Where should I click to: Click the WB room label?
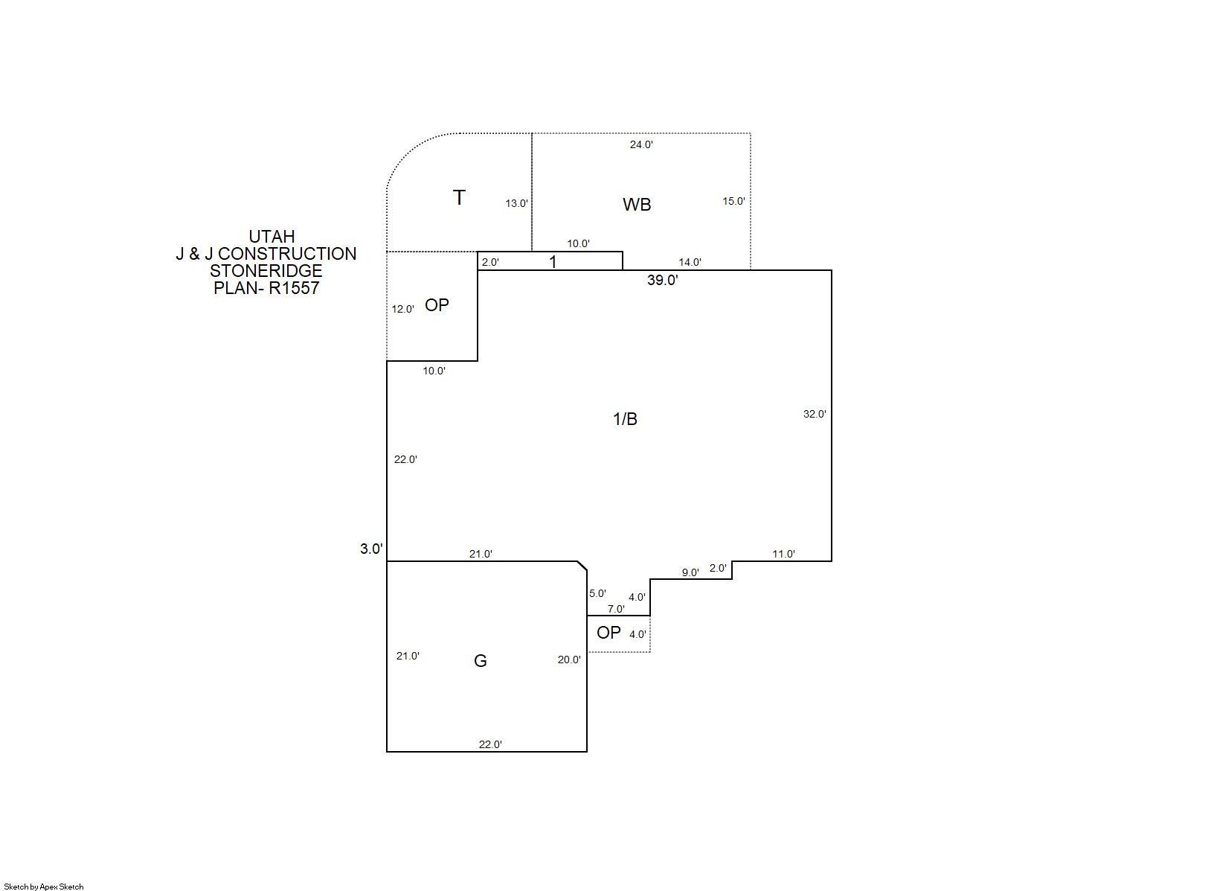(x=636, y=205)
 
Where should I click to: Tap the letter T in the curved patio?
(x=459, y=197)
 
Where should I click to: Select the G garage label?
(x=481, y=661)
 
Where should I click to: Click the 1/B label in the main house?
(x=625, y=418)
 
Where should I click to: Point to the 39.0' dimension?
(x=662, y=280)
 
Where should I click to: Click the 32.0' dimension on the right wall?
(x=815, y=415)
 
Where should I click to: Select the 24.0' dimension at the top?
(x=641, y=144)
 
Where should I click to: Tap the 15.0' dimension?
(x=733, y=201)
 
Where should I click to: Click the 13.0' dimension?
(x=516, y=203)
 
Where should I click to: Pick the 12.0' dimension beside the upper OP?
(x=402, y=309)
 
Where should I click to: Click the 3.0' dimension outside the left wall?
(x=371, y=549)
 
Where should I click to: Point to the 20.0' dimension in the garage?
(x=569, y=660)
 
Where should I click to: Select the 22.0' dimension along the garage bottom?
(x=490, y=744)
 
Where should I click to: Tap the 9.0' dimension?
(x=690, y=572)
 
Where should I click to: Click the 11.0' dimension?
(x=784, y=555)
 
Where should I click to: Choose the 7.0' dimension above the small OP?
(x=616, y=609)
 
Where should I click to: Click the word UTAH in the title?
(x=272, y=237)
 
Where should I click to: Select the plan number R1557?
(x=294, y=288)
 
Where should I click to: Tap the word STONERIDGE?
(x=266, y=271)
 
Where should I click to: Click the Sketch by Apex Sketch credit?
(x=44, y=887)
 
